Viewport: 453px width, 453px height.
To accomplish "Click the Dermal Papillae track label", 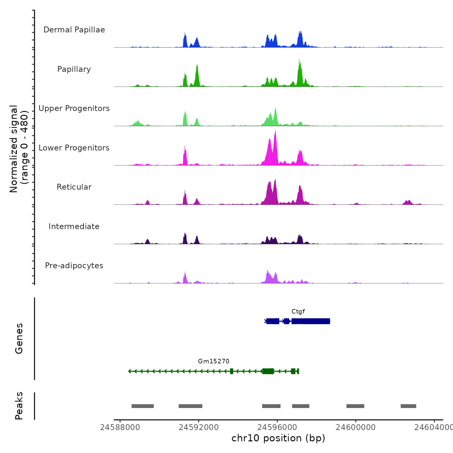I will pyautogui.click(x=74, y=30).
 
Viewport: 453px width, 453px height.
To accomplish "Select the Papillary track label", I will pyautogui.click(x=74, y=69).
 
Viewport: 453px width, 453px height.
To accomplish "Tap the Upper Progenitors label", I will pyautogui.click(x=74, y=108).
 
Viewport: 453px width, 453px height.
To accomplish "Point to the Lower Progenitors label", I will pyautogui.click(x=74, y=148).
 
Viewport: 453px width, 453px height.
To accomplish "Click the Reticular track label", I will pyautogui.click(x=74, y=187).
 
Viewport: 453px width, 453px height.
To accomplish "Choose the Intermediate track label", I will pyautogui.click(x=74, y=226).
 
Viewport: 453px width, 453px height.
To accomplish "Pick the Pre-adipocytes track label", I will pyautogui.click(x=74, y=266).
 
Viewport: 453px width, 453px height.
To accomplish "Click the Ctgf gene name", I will pyautogui.click(x=298, y=312).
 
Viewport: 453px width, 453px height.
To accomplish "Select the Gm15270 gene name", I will pyautogui.click(x=214, y=361).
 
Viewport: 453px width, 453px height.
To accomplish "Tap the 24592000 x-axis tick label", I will pyautogui.click(x=199, y=427).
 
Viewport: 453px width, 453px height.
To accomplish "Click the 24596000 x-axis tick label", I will pyautogui.click(x=277, y=427).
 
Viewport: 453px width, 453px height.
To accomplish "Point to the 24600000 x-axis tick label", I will pyautogui.click(x=356, y=427).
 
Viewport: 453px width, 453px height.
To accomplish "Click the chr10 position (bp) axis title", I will pyautogui.click(x=278, y=438).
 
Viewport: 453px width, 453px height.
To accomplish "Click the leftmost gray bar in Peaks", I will pyautogui.click(x=142, y=406).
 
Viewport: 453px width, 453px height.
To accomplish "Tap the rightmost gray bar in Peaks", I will pyautogui.click(x=408, y=406).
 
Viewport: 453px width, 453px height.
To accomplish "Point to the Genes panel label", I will pyautogui.click(x=19, y=338).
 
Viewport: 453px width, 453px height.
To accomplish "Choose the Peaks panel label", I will pyautogui.click(x=19, y=406).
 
